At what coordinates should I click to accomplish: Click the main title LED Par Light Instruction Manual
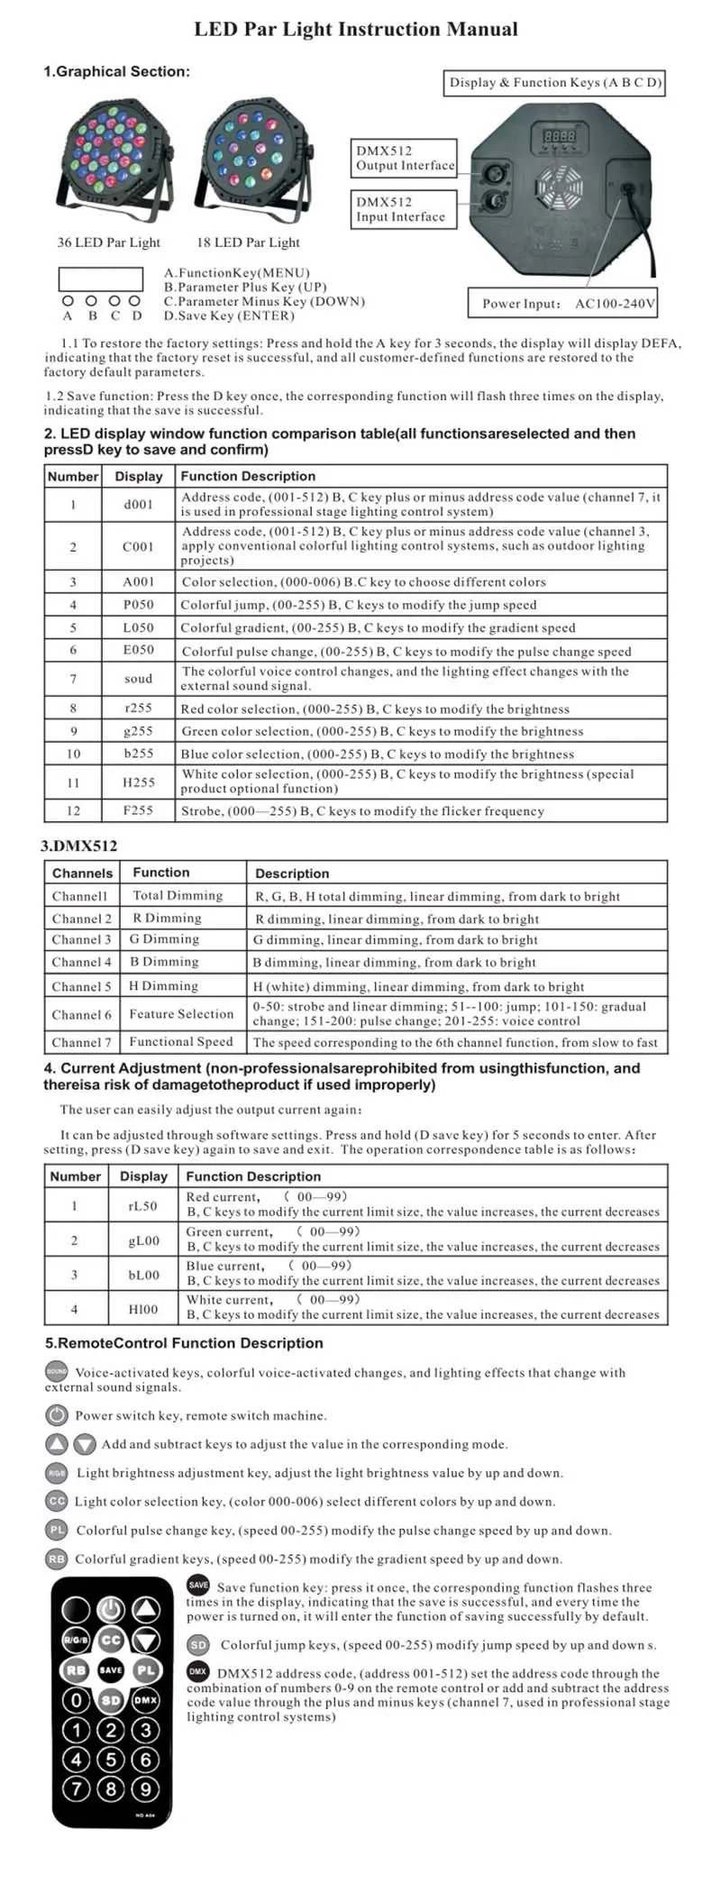(356, 30)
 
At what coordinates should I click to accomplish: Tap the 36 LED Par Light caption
(108, 242)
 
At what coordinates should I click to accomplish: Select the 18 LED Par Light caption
(248, 242)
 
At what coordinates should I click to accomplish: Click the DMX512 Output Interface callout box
(405, 159)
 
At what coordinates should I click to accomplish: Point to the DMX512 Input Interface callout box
(400, 210)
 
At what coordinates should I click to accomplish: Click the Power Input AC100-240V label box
(562, 304)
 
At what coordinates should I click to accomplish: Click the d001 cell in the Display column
(138, 504)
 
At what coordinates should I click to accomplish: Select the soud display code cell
(138, 679)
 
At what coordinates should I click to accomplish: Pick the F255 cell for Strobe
(138, 810)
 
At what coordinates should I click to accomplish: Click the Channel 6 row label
(82, 1014)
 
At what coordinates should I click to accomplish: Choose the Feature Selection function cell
(181, 1014)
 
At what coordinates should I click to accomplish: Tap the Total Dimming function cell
(178, 896)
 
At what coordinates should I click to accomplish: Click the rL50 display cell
(142, 1205)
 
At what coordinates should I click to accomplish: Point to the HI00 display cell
(142, 1309)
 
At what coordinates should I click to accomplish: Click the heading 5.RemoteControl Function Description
(184, 1343)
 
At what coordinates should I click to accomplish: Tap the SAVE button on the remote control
(111, 1670)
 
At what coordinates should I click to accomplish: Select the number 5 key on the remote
(111, 1759)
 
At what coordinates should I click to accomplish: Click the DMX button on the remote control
(146, 1700)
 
